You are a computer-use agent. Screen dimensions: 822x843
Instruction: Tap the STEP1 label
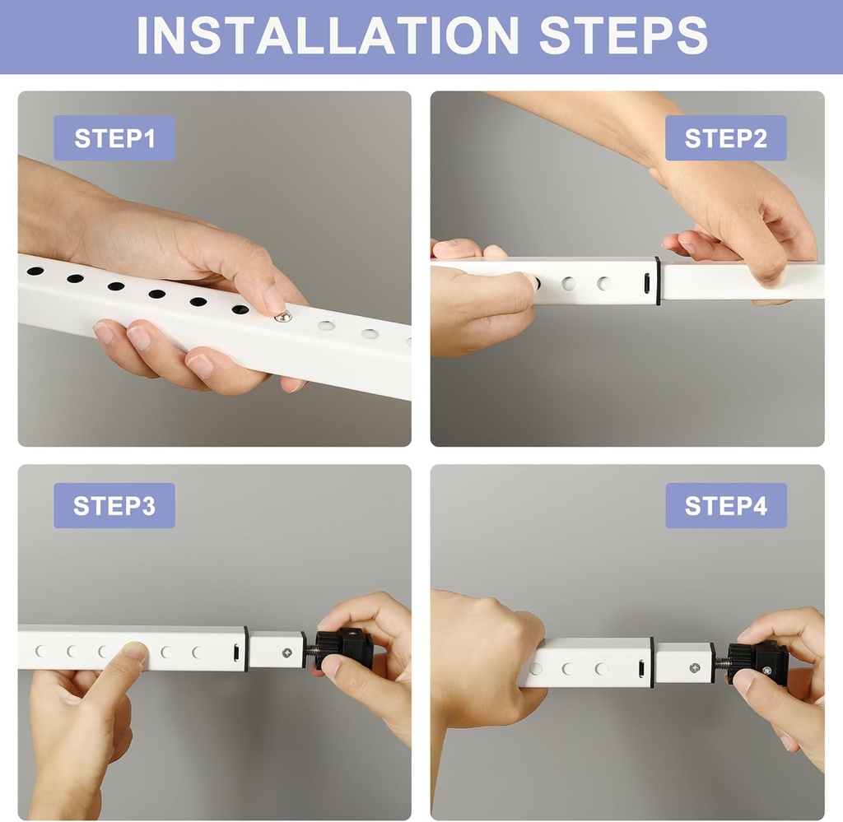114,138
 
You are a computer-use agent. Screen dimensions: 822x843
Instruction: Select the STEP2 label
725,138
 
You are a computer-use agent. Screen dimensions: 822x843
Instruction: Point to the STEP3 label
114,505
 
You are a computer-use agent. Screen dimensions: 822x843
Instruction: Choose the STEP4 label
725,505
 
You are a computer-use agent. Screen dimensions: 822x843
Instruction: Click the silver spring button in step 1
282,317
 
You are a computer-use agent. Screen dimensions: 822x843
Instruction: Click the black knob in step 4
759,662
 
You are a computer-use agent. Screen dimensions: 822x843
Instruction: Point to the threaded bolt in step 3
312,652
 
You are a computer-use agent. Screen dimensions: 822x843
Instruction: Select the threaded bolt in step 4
720,662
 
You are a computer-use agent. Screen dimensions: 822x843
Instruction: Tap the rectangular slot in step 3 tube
235,652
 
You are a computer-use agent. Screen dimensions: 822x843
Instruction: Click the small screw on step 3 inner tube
286,652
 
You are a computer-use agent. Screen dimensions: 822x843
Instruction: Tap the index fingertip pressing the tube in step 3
134,653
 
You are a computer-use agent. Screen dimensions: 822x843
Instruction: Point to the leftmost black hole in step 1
35,271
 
